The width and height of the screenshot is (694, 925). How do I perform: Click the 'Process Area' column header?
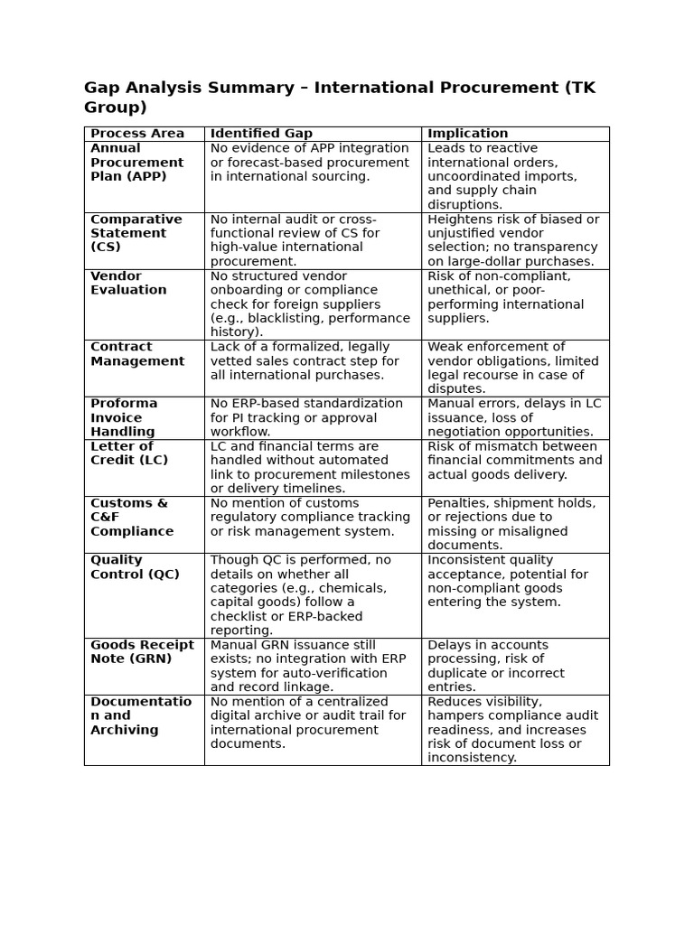pyautogui.click(x=136, y=134)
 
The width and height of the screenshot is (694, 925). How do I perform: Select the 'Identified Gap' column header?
pyautogui.click(x=261, y=134)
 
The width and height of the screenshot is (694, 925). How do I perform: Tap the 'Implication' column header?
pyautogui.click(x=467, y=134)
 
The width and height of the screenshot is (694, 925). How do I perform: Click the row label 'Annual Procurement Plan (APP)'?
pyautogui.click(x=136, y=163)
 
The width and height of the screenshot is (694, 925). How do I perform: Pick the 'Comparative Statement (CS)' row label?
pyautogui.click(x=136, y=233)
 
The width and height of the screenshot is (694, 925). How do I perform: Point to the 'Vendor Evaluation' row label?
pyautogui.click(x=128, y=283)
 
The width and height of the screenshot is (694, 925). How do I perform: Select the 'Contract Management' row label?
pyautogui.click(x=136, y=354)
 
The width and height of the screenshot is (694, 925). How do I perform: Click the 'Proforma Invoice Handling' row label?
pyautogui.click(x=124, y=417)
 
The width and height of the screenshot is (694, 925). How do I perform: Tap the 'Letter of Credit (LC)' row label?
pyautogui.click(x=128, y=453)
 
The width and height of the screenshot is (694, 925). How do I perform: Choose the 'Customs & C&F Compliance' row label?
pyautogui.click(x=132, y=517)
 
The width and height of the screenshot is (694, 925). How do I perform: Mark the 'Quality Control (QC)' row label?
pyautogui.click(x=135, y=567)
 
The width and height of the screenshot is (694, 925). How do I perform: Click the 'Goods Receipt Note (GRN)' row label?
pyautogui.click(x=142, y=651)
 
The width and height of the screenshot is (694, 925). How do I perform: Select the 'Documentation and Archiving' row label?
pyautogui.click(x=141, y=715)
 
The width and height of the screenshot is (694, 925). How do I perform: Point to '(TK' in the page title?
pyautogui.click(x=579, y=88)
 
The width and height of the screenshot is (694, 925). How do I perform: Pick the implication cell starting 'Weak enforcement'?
pyautogui.click(x=512, y=368)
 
